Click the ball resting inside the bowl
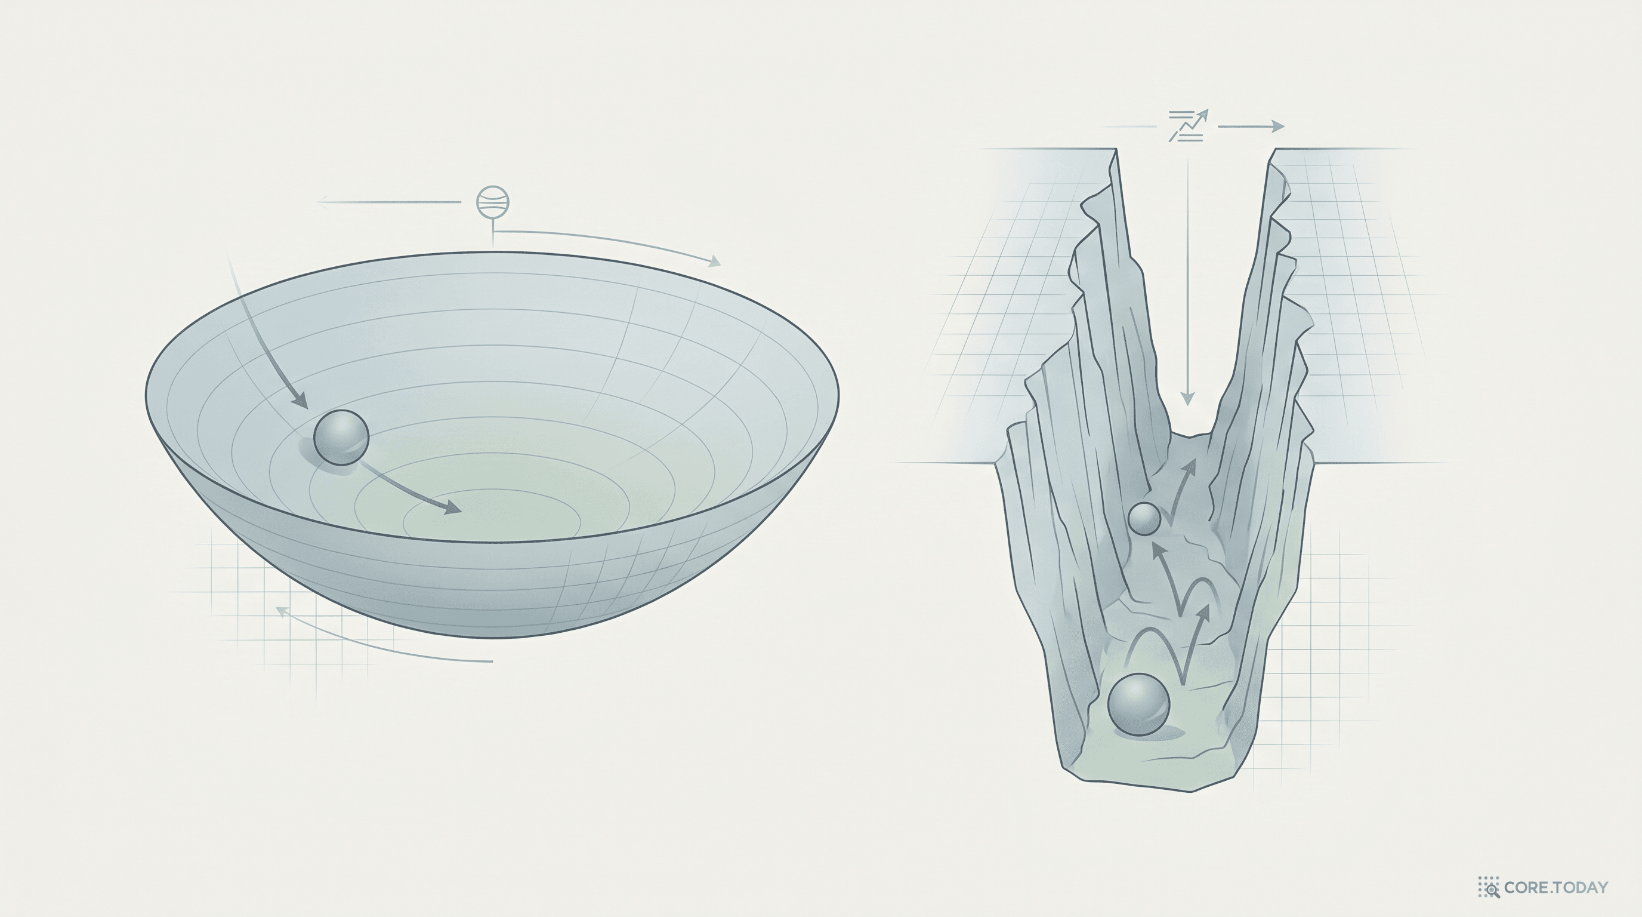[x=341, y=438]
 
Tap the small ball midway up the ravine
[x=1144, y=518]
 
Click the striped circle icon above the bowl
[x=493, y=204]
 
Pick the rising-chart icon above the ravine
[x=1187, y=125]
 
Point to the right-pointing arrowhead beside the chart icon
[x=1277, y=126]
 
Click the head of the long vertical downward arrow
[x=1187, y=398]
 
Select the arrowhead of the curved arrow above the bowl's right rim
[x=715, y=261]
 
